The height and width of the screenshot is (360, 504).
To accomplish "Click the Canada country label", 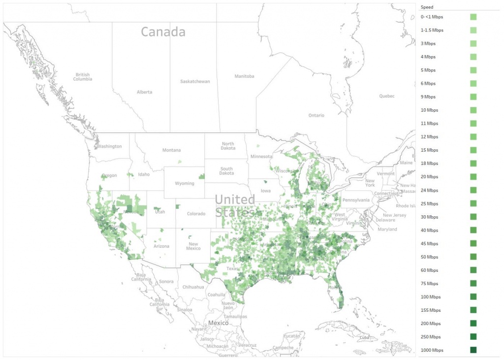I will pos(163,32).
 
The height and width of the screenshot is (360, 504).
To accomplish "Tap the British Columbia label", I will pos(83,77).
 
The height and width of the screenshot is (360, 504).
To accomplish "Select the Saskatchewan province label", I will pos(195,81).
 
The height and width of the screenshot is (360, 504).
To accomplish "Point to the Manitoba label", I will pos(244,76).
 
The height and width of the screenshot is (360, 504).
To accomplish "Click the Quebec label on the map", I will pos(386,96).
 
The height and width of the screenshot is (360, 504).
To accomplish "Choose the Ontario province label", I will pos(316,115).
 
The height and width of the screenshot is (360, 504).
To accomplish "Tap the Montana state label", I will pos(172,150).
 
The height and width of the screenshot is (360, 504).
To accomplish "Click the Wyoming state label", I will pos(185,184).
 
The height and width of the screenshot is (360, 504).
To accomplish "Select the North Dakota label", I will pos(228,146).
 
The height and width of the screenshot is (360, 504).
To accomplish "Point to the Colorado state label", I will pos(196,214).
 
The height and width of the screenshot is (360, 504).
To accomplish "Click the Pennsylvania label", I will pos(356,200).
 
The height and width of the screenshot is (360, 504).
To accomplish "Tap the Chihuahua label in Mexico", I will pos(193,287).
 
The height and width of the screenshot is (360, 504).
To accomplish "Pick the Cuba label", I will pos(364,338).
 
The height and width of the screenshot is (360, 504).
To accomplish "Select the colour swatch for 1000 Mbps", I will pos(473,350).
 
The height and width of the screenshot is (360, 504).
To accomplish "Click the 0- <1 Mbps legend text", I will pos(432,17).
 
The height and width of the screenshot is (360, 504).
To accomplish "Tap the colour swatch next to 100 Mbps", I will pos(473,297).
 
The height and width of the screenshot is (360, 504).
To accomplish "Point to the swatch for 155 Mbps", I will pos(473,310).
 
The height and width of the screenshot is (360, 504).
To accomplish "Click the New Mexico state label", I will pos(193,246).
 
